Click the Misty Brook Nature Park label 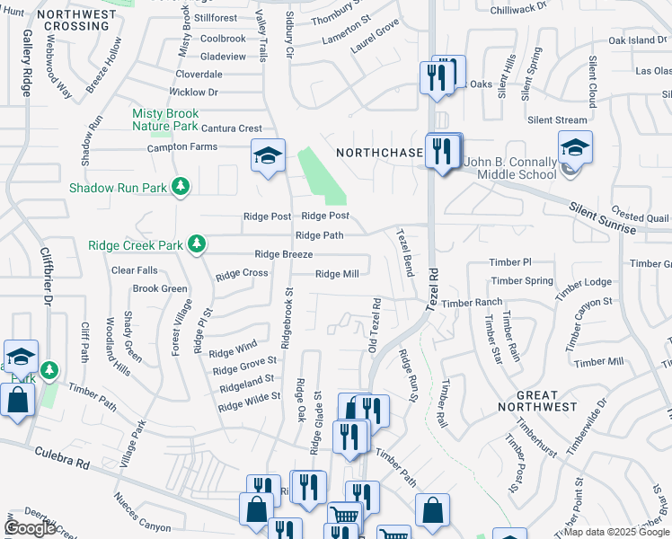164,119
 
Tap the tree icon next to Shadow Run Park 182,186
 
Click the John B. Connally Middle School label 510,168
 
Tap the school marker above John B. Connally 575,146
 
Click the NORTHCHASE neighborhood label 379,153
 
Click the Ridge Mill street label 337,274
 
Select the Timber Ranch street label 471,304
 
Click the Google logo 30,527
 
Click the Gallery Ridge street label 27,64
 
